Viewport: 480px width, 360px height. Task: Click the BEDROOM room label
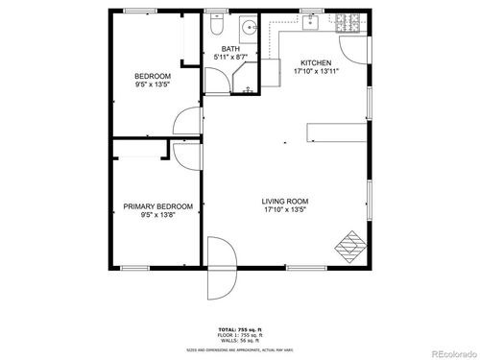pyautogui.click(x=153, y=76)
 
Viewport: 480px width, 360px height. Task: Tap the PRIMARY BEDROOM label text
pyautogui.click(x=158, y=206)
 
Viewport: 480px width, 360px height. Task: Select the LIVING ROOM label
pyautogui.click(x=286, y=202)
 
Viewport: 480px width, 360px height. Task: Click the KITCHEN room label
pyautogui.click(x=316, y=62)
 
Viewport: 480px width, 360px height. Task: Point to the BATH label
pyautogui.click(x=230, y=49)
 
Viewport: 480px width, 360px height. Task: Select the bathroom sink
pyautogui.click(x=247, y=26)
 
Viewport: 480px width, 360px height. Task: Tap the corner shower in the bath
pyautogui.click(x=249, y=84)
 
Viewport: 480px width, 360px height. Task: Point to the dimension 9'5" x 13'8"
pyautogui.click(x=158, y=215)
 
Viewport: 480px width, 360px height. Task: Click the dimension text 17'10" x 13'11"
pyautogui.click(x=316, y=71)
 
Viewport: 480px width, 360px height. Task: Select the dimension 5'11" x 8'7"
pyautogui.click(x=230, y=58)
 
